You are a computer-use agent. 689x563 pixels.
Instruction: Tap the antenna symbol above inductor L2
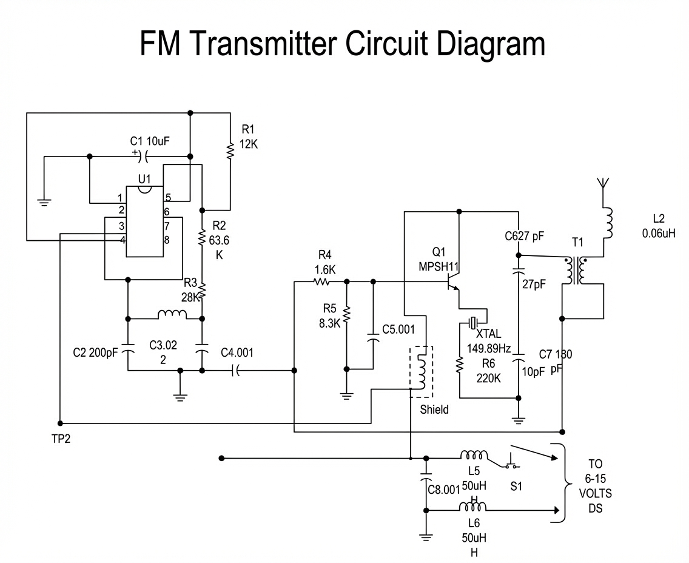tap(603, 183)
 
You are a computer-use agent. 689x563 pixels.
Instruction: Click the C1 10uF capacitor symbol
tap(143, 157)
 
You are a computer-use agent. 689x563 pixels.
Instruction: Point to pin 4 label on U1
tap(122, 240)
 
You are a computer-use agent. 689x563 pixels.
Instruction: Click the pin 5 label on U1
tap(168, 198)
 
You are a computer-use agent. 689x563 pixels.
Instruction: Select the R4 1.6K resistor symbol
tap(321, 281)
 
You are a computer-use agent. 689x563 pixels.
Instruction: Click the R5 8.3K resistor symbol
tap(346, 314)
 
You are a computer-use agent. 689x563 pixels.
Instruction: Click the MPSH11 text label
tap(439, 266)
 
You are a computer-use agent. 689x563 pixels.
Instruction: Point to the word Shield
tap(434, 410)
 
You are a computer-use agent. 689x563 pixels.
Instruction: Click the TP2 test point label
tap(61, 439)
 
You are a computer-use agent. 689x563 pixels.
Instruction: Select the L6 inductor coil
tap(473, 507)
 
